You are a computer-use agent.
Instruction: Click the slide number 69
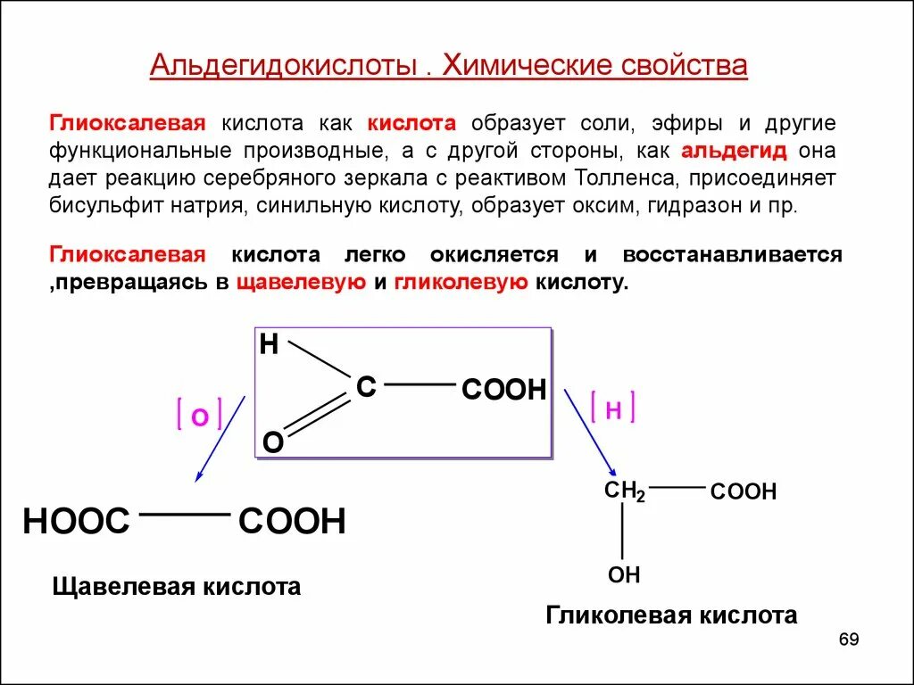click(848, 640)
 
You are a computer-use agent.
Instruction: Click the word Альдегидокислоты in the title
click(284, 67)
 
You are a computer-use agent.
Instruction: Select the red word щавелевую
click(302, 283)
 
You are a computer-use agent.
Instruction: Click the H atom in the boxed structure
click(270, 345)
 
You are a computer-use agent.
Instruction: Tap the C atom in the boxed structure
click(366, 387)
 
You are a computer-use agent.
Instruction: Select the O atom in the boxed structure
click(272, 442)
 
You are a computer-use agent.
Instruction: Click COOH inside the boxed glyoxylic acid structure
click(503, 390)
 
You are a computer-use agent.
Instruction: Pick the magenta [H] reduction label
click(613, 409)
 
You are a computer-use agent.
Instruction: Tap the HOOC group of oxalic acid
click(77, 522)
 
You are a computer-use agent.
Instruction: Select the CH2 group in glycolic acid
click(625, 491)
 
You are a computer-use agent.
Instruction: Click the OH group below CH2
click(624, 575)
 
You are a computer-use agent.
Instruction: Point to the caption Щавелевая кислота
click(177, 587)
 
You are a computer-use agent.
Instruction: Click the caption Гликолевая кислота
click(671, 615)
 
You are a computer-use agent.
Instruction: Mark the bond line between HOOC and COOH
click(185, 515)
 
